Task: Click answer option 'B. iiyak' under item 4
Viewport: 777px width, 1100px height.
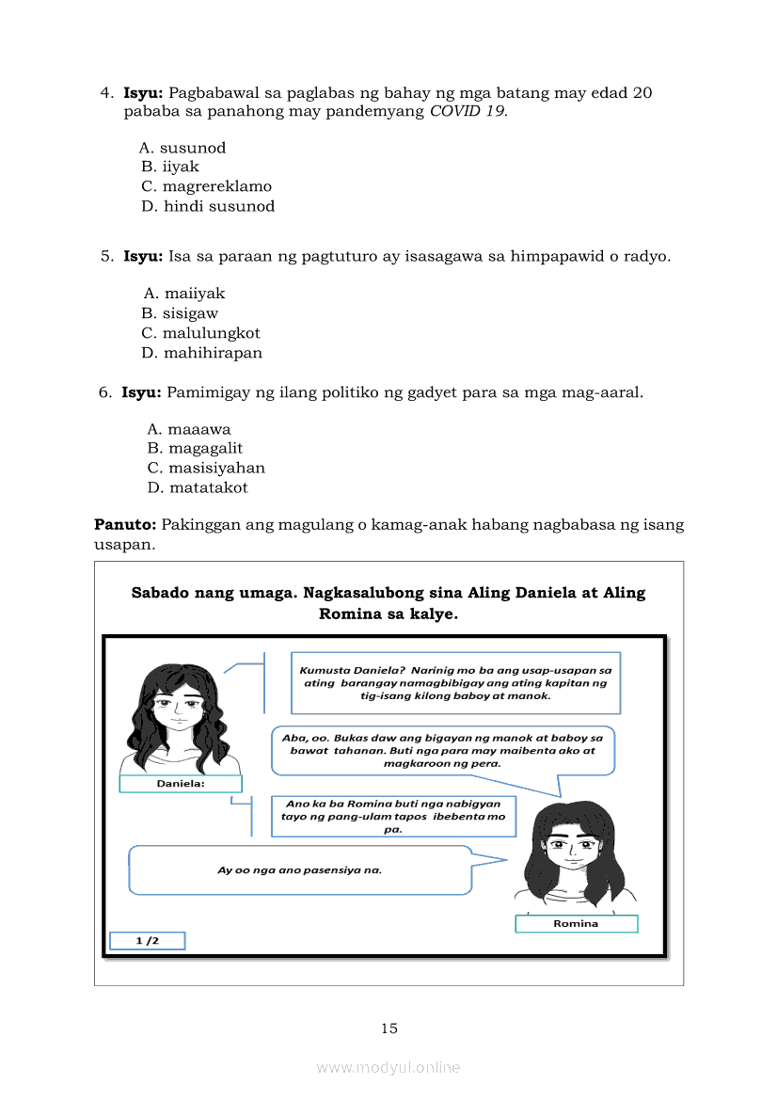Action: click(x=170, y=167)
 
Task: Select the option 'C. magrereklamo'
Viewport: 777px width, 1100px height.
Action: click(x=206, y=186)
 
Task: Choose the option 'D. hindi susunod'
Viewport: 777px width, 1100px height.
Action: click(x=208, y=206)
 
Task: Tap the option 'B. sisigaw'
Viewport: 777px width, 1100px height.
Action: click(x=180, y=313)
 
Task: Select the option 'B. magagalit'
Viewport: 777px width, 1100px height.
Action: click(x=195, y=448)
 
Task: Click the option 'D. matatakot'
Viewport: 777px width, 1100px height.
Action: click(x=198, y=487)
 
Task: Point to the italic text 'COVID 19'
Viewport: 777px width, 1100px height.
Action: click(x=468, y=111)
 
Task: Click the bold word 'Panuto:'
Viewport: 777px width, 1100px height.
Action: click(x=125, y=524)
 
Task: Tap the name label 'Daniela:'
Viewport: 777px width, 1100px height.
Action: click(x=181, y=784)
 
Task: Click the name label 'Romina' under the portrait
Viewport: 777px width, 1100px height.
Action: click(x=576, y=924)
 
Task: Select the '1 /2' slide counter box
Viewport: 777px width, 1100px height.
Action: click(x=147, y=940)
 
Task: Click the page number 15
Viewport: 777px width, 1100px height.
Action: click(x=388, y=1028)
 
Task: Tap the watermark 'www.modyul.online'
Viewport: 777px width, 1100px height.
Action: click(x=388, y=1067)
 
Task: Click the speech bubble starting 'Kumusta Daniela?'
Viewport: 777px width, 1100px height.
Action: click(x=455, y=683)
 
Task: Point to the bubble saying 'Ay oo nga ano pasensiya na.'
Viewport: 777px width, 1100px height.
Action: click(x=299, y=869)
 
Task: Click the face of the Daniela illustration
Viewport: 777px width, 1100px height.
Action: click(x=180, y=708)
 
